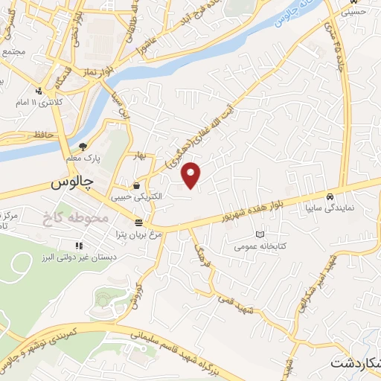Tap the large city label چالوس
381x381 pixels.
point(72,182)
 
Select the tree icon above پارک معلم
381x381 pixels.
point(83,147)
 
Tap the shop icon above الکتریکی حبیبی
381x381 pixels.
point(136,186)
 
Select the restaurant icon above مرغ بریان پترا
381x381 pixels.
point(138,222)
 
